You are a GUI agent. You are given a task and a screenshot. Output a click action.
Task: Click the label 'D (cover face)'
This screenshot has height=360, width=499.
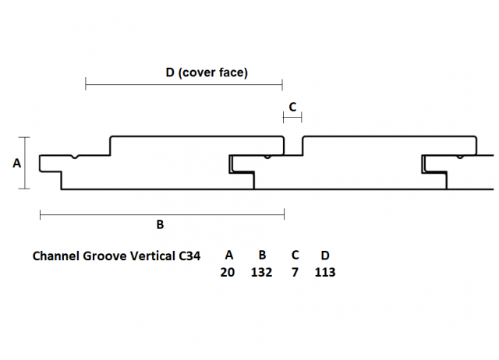(207, 72)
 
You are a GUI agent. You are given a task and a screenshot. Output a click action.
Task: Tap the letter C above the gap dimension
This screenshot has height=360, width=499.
(292, 107)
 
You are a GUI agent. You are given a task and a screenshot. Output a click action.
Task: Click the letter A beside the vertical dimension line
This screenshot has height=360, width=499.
(16, 163)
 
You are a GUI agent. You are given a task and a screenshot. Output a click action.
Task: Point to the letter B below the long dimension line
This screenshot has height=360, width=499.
(160, 224)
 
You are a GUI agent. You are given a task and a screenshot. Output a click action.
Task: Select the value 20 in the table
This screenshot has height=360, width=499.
(227, 272)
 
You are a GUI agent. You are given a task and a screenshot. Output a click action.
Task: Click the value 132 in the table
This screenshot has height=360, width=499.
(261, 272)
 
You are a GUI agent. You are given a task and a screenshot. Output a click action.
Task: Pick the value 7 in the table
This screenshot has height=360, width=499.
(295, 272)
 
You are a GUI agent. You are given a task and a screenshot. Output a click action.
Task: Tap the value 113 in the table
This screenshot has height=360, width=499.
(325, 272)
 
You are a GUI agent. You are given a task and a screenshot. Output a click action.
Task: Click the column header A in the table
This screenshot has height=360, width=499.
(228, 255)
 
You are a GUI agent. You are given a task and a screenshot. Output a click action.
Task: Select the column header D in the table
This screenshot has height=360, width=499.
(325, 255)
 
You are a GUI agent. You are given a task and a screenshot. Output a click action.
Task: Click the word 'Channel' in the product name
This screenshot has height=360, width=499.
(56, 256)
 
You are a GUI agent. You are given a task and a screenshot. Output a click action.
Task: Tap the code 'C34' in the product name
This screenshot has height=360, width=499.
(189, 256)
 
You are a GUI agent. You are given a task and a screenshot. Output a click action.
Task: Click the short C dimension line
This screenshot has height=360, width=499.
(292, 118)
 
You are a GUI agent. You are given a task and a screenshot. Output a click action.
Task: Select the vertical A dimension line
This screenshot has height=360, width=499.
(24, 163)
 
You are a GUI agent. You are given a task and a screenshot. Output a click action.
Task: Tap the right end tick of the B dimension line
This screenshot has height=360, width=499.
(284, 214)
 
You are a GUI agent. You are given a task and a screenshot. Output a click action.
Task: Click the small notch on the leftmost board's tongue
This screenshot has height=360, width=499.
(75, 157)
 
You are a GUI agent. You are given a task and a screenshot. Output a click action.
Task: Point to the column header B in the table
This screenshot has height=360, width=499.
(262, 255)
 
